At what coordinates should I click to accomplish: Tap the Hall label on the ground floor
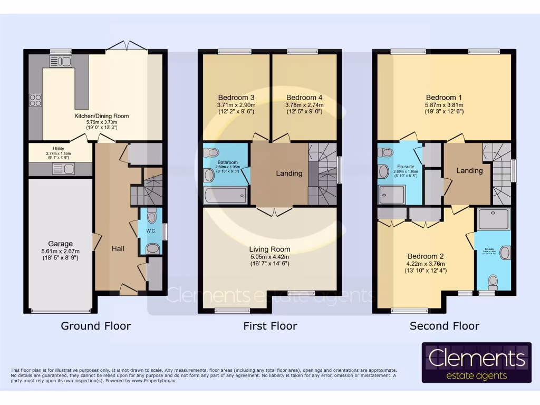click(118, 248)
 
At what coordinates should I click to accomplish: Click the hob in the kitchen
click(35, 99)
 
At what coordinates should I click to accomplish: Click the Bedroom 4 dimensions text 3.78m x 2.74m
click(305, 105)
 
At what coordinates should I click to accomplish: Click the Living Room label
click(270, 249)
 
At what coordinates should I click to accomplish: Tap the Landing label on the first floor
click(289, 173)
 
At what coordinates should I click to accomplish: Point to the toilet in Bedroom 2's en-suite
click(494, 280)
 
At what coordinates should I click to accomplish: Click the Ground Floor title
click(95, 326)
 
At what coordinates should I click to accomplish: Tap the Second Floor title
click(444, 326)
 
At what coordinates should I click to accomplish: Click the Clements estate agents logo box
click(476, 363)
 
